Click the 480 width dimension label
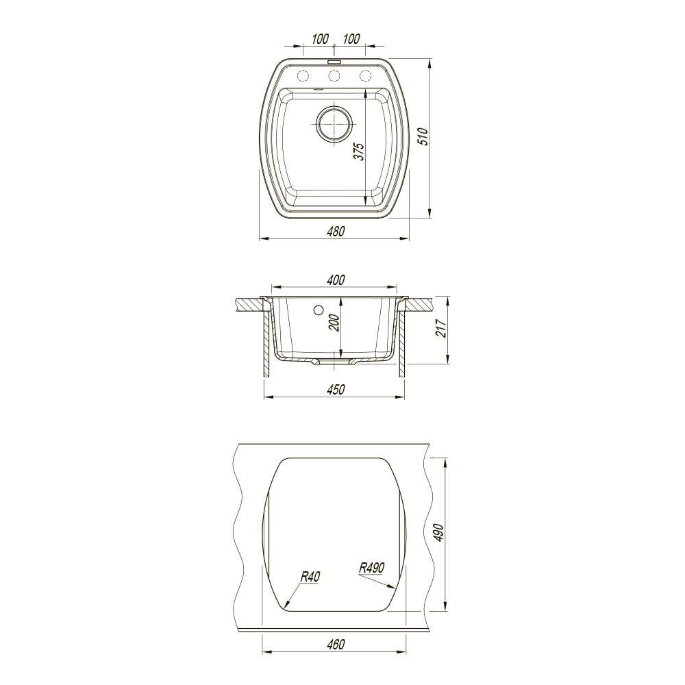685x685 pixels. (x=336, y=231)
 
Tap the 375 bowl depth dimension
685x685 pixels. (x=359, y=151)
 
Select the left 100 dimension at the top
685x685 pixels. (x=320, y=39)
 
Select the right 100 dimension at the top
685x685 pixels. (x=351, y=39)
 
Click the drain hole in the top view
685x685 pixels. (x=334, y=124)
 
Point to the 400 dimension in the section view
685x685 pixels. (x=336, y=279)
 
